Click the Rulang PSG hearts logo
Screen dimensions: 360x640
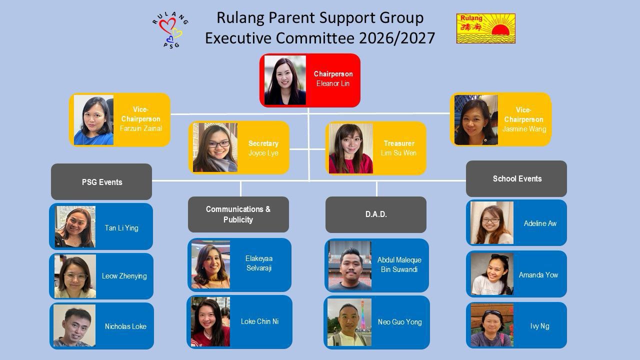click(170, 29)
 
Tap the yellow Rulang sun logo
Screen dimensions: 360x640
click(485, 28)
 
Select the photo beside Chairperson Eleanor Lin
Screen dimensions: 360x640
click(284, 80)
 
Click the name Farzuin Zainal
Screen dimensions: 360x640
click(141, 128)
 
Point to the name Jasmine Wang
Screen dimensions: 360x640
click(524, 129)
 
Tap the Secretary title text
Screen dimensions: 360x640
click(263, 143)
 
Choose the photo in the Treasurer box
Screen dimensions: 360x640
click(350, 148)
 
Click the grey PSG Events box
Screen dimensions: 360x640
click(101, 182)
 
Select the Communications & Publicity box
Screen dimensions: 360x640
click(238, 214)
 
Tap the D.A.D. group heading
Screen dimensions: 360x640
click(376, 214)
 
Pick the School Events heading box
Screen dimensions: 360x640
click(516, 178)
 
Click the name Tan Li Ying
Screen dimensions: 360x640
click(121, 228)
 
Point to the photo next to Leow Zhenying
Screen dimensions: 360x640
click(75, 276)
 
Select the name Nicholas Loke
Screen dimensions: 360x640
click(125, 326)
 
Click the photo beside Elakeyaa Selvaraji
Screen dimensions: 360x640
click(210, 264)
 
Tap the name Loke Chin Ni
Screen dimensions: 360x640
click(259, 321)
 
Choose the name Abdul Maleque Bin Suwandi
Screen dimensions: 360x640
click(399, 265)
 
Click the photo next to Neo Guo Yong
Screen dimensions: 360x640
click(349, 322)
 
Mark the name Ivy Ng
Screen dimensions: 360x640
click(539, 326)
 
